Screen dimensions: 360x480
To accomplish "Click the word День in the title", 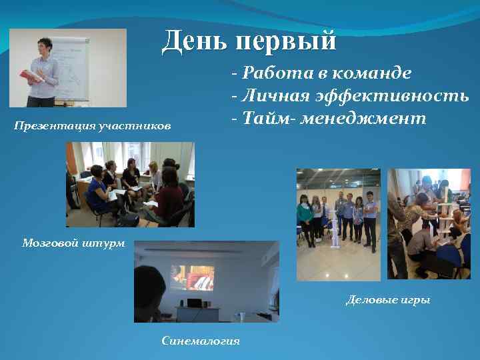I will coord(193,41).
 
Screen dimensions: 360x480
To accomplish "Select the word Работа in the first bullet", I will coord(272,73).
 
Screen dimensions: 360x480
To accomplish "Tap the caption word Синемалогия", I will coord(201,341).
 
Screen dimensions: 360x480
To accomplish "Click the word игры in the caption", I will coord(415,300).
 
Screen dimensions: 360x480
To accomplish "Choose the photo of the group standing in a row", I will coord(338,224).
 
